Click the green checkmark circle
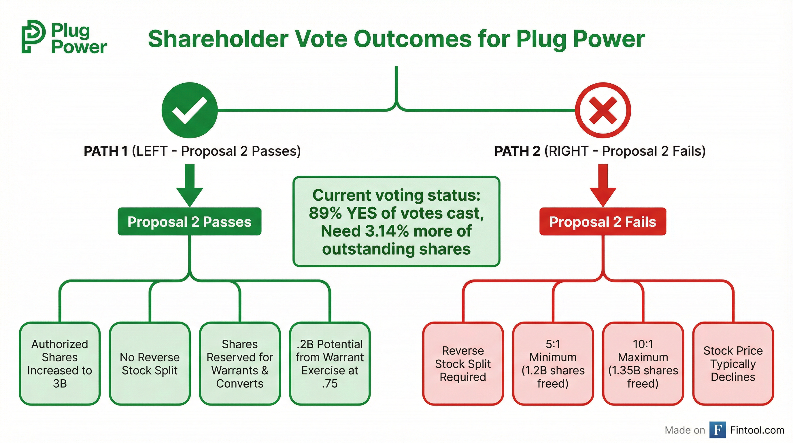coord(189,110)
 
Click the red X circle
coord(603,110)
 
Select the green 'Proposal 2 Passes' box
coord(189,221)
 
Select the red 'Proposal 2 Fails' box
coord(603,221)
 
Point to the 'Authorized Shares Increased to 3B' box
coord(60,363)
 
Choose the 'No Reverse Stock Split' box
coord(150,363)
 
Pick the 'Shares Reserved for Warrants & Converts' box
coord(240,363)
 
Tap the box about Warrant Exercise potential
coord(330,363)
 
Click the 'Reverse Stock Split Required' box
coord(463,363)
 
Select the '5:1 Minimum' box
coord(553,363)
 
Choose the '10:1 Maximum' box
coord(643,363)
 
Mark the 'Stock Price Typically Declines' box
coord(733,363)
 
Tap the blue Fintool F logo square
coord(718,430)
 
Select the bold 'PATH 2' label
coord(517,151)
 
